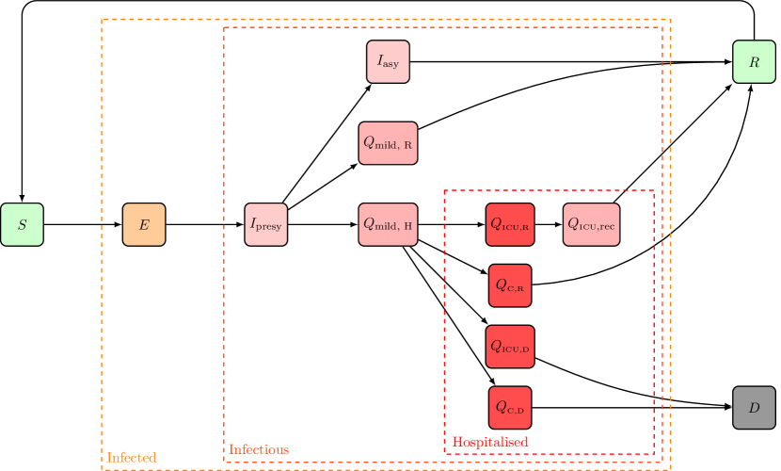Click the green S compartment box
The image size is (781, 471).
(x=22, y=224)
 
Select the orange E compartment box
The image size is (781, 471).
(x=144, y=224)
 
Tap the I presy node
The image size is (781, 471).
(x=265, y=224)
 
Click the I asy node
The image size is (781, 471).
(x=388, y=61)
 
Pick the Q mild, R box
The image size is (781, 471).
(x=388, y=143)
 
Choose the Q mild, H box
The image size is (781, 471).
(x=388, y=224)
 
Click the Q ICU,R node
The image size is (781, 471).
(x=510, y=224)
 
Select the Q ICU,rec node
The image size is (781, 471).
(x=592, y=224)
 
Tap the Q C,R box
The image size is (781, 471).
(x=510, y=285)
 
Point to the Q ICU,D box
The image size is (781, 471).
(x=510, y=347)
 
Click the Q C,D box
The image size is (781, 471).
(x=510, y=408)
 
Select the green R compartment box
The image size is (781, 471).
(x=754, y=61)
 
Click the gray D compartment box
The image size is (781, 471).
(x=754, y=408)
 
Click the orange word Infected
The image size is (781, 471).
(x=132, y=458)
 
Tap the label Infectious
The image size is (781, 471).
(x=259, y=450)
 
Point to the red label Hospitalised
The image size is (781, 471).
(x=490, y=442)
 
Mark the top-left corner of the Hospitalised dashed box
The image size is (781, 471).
(x=444, y=190)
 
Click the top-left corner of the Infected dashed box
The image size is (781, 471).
(x=102, y=19)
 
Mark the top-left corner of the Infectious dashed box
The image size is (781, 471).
(x=224, y=27)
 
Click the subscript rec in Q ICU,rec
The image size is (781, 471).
(x=607, y=228)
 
